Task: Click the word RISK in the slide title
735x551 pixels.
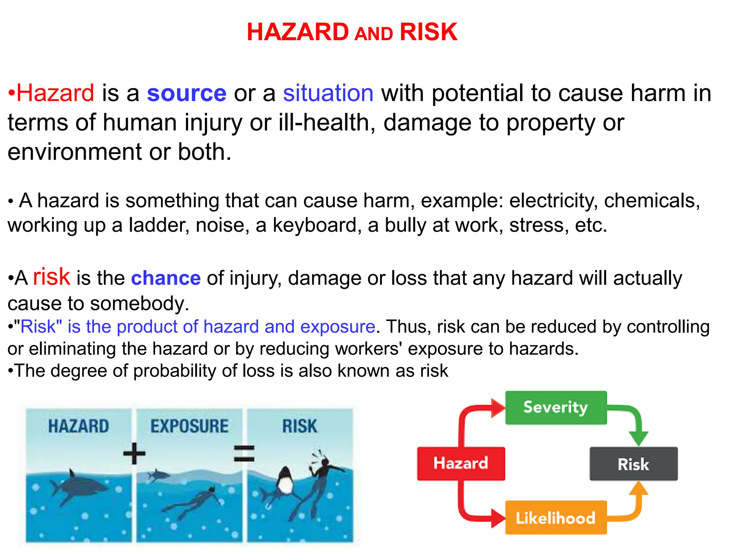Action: pos(428,32)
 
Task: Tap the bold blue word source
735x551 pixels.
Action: pos(187,93)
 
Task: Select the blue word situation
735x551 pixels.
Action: pos(328,93)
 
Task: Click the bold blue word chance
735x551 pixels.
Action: pos(165,278)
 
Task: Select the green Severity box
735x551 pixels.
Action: pos(556,408)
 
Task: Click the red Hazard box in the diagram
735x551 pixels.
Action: pos(460,463)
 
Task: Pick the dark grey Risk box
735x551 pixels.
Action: pos(633,464)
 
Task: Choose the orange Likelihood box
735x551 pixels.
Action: pos(556,518)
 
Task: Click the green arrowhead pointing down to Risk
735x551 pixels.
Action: pos(638,438)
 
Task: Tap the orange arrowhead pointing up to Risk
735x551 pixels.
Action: pos(638,489)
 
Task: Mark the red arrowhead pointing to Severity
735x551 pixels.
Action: pos(498,408)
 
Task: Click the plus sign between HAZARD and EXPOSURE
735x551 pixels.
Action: pos(134,453)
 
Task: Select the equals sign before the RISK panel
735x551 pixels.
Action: pos(244,453)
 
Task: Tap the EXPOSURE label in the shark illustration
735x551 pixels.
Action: pos(189,426)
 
